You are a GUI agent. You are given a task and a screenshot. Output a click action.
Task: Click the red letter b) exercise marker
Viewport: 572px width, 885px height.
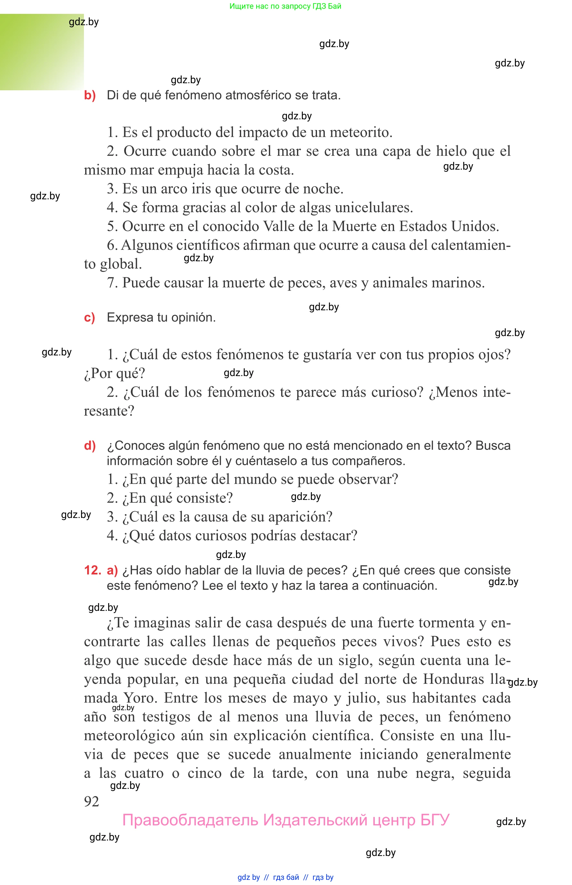(x=89, y=95)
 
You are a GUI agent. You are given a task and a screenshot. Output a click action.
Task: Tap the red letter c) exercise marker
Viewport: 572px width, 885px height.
(x=89, y=318)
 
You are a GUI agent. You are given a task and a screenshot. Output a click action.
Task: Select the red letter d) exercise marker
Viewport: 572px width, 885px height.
(x=90, y=445)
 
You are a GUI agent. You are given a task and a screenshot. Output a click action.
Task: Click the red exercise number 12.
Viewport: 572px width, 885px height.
(x=93, y=570)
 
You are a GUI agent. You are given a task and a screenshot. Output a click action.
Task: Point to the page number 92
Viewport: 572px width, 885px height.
(x=91, y=801)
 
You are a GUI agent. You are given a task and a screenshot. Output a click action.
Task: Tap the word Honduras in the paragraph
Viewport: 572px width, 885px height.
(x=454, y=679)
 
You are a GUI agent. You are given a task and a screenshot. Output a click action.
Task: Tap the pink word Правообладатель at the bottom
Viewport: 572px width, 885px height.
(x=190, y=820)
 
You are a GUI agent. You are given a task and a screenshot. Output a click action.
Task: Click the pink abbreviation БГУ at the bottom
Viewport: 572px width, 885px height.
(x=434, y=820)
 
